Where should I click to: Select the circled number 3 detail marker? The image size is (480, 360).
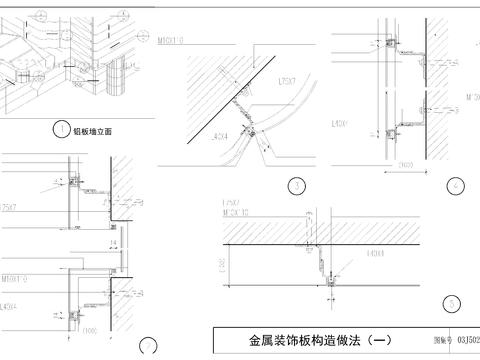pyautogui.click(x=295, y=185)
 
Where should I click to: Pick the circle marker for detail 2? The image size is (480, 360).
pyautogui.click(x=150, y=348)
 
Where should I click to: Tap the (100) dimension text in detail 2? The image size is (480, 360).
pyautogui.click(x=89, y=331)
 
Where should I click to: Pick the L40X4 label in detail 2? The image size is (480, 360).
pyautogui.click(x=11, y=306)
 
